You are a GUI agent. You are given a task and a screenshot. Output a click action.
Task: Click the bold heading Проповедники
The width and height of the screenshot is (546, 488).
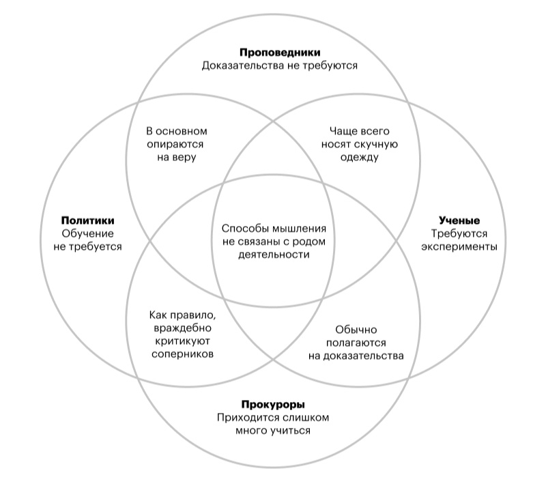point(280,53)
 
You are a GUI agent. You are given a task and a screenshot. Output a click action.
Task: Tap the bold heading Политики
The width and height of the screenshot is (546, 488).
point(87,220)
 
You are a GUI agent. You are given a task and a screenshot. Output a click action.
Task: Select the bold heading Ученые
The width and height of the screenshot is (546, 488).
point(458,220)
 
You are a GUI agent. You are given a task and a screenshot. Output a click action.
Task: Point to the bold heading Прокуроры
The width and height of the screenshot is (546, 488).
point(272,403)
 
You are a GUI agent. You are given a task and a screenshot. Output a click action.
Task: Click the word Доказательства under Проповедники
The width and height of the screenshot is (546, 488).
point(244,66)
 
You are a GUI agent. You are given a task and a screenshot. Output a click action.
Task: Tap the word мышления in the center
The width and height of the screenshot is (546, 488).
point(301,229)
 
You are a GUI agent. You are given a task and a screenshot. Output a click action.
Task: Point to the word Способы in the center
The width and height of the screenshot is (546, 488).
point(242,229)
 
